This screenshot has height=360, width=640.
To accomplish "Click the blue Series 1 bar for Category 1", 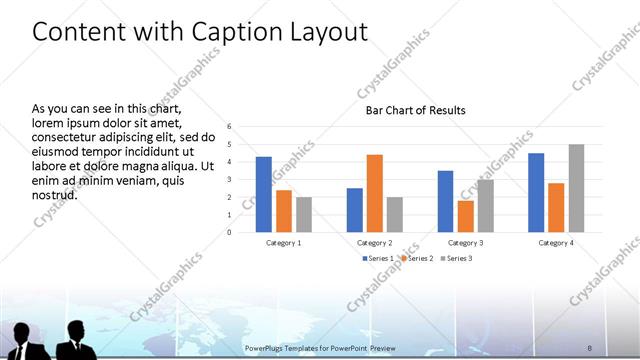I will coord(264,194).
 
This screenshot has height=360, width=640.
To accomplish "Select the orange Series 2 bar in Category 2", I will coord(375,193).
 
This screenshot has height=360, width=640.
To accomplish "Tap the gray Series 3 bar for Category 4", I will coord(576,188).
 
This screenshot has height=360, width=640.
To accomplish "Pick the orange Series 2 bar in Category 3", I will coord(466,216).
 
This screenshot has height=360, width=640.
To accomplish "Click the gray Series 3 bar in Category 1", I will coord(304,214).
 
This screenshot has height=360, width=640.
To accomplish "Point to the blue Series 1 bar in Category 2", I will coord(355,210).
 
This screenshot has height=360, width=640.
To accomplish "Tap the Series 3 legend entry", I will coord(456,258).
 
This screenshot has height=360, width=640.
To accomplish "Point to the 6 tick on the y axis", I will coord(230,126).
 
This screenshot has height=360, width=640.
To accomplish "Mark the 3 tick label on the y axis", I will coord(230,179).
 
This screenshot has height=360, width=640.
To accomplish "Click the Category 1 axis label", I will coord(284,243).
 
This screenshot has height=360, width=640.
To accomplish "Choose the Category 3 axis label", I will coord(466,243).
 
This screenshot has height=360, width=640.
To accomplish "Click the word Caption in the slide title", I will coord(216,32).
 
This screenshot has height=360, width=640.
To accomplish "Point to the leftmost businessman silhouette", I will coord(22,340).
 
